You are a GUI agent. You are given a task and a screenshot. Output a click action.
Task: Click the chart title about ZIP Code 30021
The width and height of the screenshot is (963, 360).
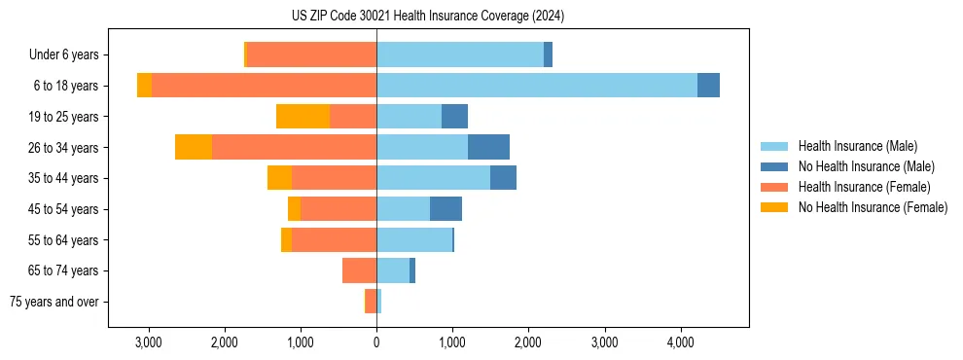pyautogui.click(x=427, y=17)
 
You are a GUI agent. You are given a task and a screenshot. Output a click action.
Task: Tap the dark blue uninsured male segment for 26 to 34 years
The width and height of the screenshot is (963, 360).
pyautogui.click(x=488, y=147)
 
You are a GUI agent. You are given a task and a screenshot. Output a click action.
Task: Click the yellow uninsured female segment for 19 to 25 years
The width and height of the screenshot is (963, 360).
pyautogui.click(x=303, y=117)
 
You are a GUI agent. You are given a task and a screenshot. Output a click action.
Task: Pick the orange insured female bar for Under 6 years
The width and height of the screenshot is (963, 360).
pyautogui.click(x=311, y=54)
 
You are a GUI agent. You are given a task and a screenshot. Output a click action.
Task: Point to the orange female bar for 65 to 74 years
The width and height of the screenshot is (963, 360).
pyautogui.click(x=359, y=270)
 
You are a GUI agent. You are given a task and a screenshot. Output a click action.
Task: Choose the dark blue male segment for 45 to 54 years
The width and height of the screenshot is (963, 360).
pyautogui.click(x=446, y=208)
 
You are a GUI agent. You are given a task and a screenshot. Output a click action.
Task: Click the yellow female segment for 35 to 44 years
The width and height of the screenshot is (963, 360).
pyautogui.click(x=279, y=178)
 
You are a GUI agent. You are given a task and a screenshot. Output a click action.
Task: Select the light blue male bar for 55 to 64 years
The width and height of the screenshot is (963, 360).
pyautogui.click(x=414, y=239)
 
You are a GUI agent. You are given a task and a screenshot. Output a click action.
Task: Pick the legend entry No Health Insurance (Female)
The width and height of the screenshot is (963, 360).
pyautogui.click(x=873, y=207)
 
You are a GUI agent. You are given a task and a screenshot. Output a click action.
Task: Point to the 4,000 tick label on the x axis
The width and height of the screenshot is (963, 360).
pyautogui.click(x=680, y=342)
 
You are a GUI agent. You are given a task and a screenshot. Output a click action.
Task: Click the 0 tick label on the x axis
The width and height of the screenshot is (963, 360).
pyautogui.click(x=376, y=342)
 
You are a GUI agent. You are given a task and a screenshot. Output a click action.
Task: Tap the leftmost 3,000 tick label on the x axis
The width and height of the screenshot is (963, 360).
pyautogui.click(x=149, y=342)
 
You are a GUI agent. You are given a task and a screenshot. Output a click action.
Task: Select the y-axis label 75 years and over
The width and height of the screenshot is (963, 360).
pyautogui.click(x=53, y=302)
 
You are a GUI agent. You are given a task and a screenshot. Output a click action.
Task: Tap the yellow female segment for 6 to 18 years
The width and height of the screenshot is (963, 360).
pyautogui.click(x=144, y=86)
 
